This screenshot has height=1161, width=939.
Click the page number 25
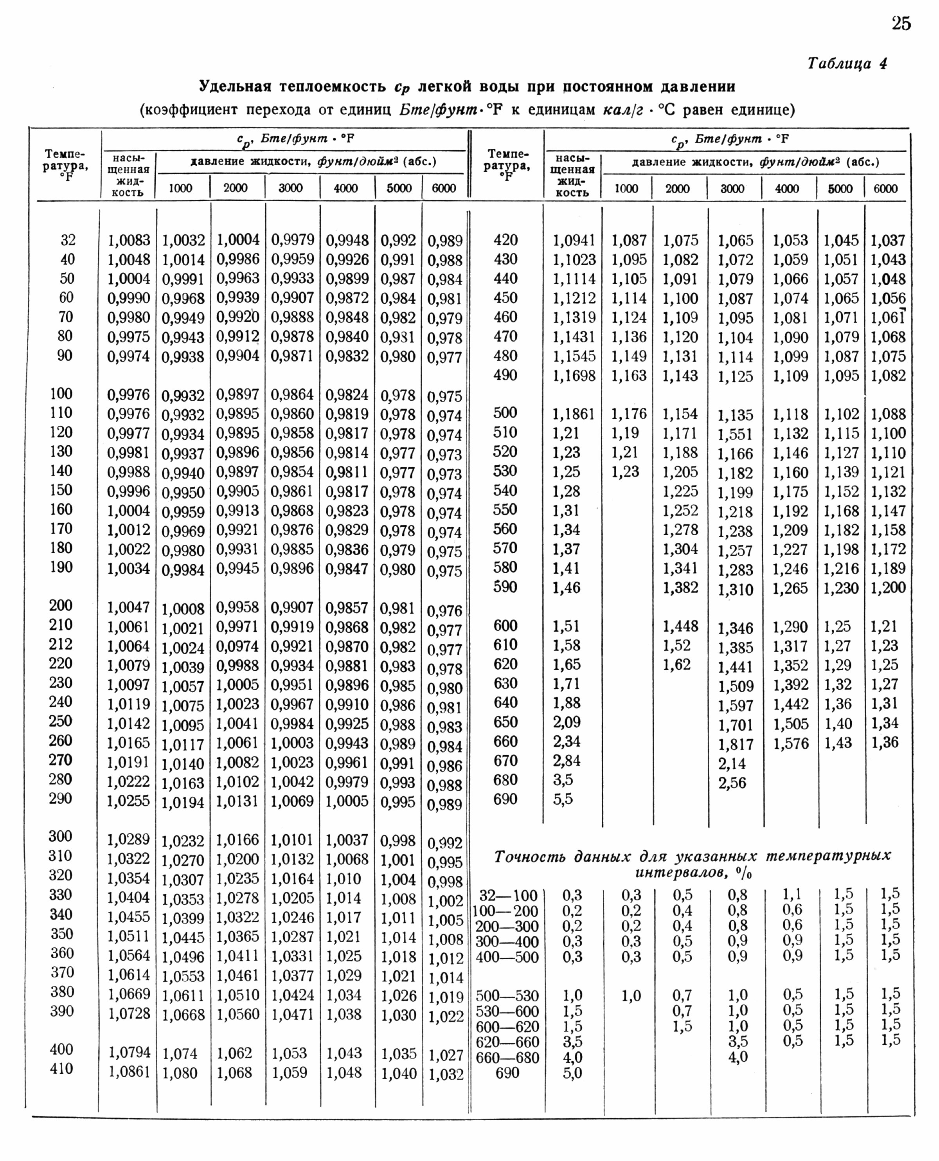pos(901,24)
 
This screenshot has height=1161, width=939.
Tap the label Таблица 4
pos(847,64)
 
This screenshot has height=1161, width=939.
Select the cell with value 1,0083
pos(129,239)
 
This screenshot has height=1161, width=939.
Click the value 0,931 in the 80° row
pos(398,337)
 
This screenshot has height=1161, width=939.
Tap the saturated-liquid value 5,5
pos(563,799)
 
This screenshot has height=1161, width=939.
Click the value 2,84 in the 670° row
pos(566,761)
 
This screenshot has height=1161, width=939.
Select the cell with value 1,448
pos(680,626)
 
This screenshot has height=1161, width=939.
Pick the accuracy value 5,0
pos(572,1073)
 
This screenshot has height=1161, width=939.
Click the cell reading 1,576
pos(790,744)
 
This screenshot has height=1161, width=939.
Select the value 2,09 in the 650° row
pos(566,722)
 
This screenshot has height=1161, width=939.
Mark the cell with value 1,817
pos(736,744)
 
